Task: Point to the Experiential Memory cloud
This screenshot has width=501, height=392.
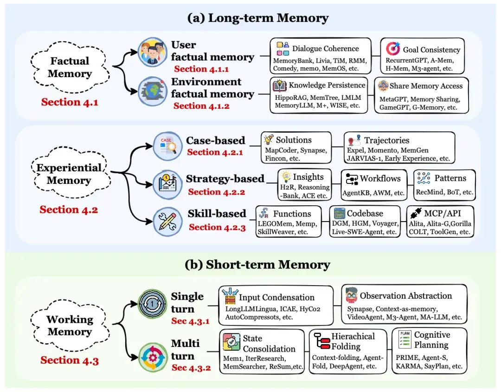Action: coord(70,174)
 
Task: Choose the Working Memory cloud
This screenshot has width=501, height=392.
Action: coord(69,326)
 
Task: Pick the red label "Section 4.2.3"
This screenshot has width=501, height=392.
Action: coord(217,227)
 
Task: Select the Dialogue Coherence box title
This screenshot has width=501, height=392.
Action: coord(325,48)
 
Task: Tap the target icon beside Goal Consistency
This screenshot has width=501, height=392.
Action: coord(393,49)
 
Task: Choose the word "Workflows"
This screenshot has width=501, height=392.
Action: coord(380,178)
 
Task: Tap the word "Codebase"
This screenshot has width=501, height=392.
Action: coord(366,214)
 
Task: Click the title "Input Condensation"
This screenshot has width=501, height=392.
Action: coord(276,297)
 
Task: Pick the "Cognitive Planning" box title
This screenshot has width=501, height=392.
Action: coord(431,340)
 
